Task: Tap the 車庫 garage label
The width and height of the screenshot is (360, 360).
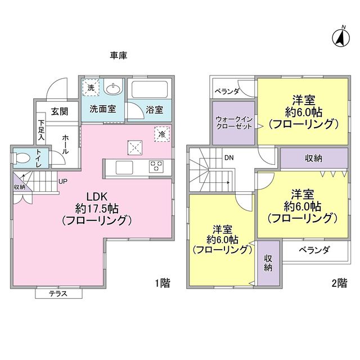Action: point(119,55)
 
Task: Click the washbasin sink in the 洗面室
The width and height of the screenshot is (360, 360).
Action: point(114,89)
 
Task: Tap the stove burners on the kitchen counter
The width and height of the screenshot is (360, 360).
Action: point(156,166)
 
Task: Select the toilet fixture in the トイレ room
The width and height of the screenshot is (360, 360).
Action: point(21,158)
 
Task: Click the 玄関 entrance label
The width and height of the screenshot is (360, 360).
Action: point(60,111)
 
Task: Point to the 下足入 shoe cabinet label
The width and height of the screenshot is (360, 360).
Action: point(41,129)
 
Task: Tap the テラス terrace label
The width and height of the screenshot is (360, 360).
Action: point(58,294)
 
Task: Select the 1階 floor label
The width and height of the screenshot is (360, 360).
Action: point(161,283)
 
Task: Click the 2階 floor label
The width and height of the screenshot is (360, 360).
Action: point(339,283)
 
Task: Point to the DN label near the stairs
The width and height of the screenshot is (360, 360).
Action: point(229,158)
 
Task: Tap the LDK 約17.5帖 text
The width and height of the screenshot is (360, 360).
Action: point(93,208)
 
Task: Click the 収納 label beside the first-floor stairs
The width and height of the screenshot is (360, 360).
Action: point(19,187)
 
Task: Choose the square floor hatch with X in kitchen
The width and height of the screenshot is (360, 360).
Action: point(134,147)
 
